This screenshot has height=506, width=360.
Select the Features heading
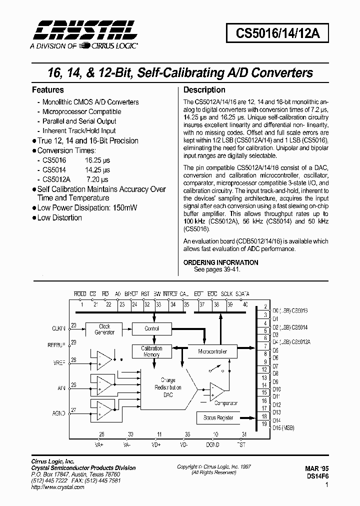(47, 90)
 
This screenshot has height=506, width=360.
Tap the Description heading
(204, 90)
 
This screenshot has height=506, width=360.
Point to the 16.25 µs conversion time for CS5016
(97, 160)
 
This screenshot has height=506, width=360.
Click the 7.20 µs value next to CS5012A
(98, 179)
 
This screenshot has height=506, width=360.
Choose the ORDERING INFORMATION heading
(220, 262)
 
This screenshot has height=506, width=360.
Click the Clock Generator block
(104, 329)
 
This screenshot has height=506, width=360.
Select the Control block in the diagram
(151, 328)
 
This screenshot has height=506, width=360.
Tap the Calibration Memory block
(151, 351)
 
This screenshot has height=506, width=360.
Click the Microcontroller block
(212, 351)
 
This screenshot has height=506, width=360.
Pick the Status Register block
(218, 417)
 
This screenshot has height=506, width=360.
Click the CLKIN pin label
(58, 328)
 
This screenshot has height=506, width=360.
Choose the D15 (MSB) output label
(284, 428)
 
